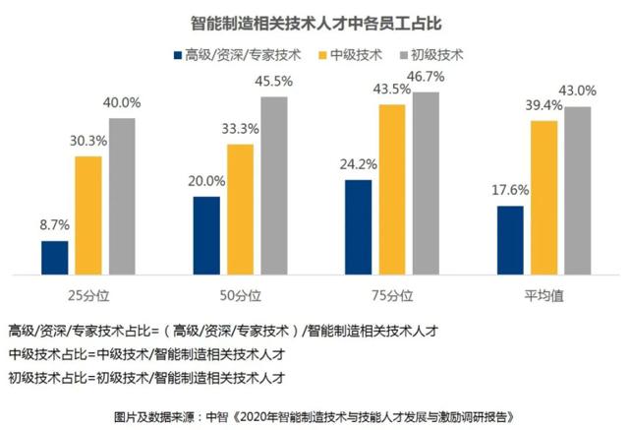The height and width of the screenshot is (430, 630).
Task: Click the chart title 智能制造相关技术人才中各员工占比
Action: [315, 20]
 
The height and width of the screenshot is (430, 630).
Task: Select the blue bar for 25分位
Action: [55, 256]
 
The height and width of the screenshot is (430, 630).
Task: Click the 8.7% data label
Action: [54, 227]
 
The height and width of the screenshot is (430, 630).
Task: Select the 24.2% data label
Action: [359, 166]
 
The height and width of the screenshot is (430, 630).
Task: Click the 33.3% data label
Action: [241, 131]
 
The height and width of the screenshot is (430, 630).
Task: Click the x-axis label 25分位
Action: [88, 293]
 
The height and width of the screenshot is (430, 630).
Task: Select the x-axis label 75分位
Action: [392, 293]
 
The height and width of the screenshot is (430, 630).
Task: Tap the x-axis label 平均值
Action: [544, 293]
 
